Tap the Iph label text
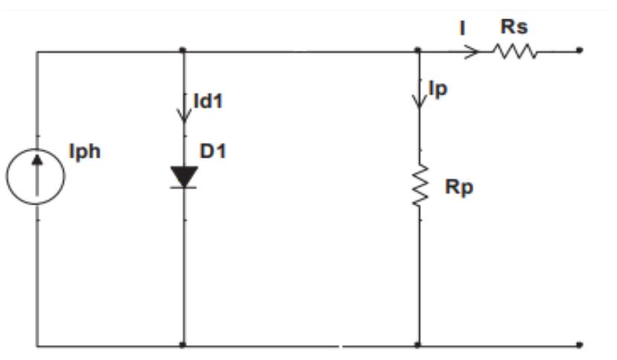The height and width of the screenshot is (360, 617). click(x=85, y=152)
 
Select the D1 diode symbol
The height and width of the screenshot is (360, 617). click(x=184, y=177)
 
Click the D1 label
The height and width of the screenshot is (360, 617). click(x=213, y=151)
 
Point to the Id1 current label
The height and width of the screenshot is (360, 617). click(x=208, y=101)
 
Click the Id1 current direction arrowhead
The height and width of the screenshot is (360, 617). click(x=184, y=115)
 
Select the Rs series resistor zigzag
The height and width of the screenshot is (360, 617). click(x=514, y=51)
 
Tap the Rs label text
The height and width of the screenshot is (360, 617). click(x=514, y=27)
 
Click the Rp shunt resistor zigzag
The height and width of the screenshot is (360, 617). click(x=420, y=185)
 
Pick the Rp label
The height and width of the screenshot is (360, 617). click(x=459, y=187)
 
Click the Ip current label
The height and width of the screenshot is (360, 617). click(x=438, y=89)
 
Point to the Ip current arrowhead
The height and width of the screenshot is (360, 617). click(x=419, y=100)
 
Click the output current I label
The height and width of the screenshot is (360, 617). click(x=462, y=28)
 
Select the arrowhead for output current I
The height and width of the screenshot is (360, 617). click(x=471, y=51)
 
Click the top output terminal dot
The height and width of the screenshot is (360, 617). click(x=579, y=51)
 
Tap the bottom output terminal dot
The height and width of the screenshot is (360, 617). click(x=579, y=345)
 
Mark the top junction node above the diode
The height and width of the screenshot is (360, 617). click(x=183, y=51)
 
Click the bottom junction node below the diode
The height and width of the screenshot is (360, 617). click(x=183, y=345)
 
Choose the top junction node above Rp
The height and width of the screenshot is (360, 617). click(x=418, y=51)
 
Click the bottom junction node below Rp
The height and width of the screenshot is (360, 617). click(x=418, y=345)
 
